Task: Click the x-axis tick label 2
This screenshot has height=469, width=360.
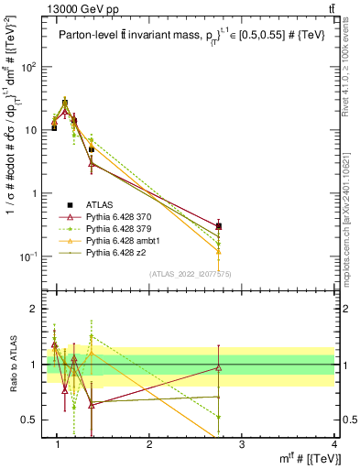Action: (150, 443)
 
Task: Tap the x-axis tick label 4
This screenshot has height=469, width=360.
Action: (334, 443)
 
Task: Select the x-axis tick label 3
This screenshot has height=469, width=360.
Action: (242, 443)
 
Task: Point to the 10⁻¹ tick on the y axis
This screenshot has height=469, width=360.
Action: (28, 256)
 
